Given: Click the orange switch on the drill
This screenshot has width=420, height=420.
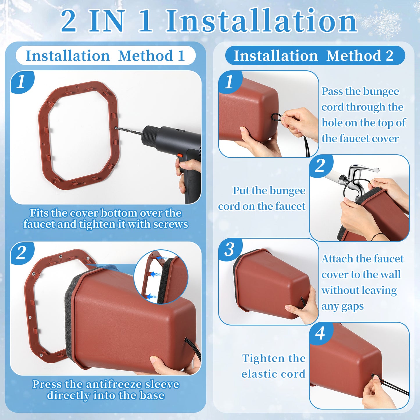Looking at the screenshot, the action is (180, 156).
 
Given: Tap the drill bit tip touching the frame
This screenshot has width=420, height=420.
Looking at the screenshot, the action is (115, 128).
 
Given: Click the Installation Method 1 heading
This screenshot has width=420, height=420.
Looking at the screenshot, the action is (106, 56).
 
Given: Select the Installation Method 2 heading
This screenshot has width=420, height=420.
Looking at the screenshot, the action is (314, 56).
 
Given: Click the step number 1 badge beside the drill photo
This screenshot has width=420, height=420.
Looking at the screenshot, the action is (22, 82).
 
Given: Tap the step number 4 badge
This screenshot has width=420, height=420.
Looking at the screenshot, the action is (320, 333).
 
